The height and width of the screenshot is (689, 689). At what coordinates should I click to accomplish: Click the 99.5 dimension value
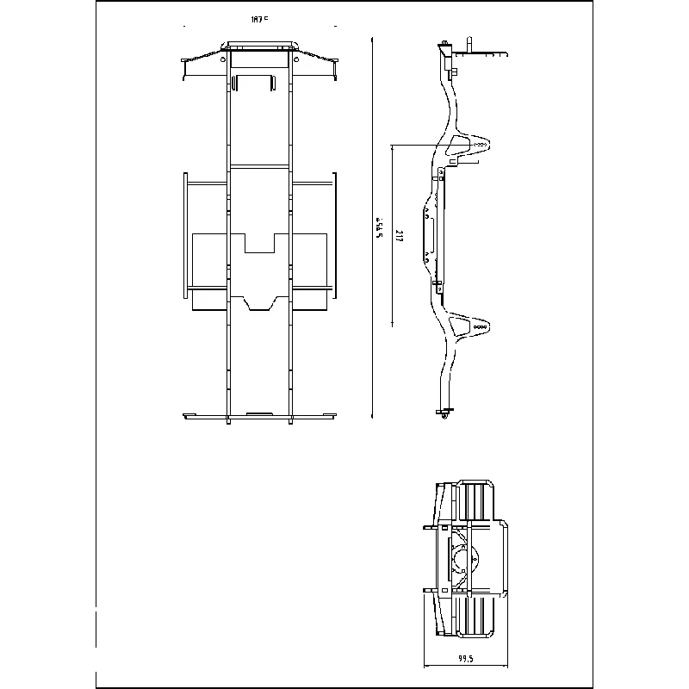point(466,659)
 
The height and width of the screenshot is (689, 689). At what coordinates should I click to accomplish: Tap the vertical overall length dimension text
point(378,228)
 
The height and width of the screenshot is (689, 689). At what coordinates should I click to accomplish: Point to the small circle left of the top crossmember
point(224,60)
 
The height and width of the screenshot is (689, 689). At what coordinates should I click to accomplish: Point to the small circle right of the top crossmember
point(296,60)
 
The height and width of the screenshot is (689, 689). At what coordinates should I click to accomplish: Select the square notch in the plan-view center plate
point(259,242)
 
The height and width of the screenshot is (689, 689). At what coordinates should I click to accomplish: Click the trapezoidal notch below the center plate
point(259,302)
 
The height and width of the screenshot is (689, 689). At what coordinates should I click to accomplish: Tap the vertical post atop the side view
point(470,44)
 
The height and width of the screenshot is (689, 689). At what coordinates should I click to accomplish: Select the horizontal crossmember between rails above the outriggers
point(259,165)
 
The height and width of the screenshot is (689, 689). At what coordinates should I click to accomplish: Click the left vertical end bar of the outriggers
point(185,234)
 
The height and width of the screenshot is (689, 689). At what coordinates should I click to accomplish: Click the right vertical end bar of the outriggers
point(334,234)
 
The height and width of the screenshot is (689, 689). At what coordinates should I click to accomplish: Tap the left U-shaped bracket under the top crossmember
point(253,82)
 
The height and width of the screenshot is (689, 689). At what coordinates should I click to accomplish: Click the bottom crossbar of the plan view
point(259,417)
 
